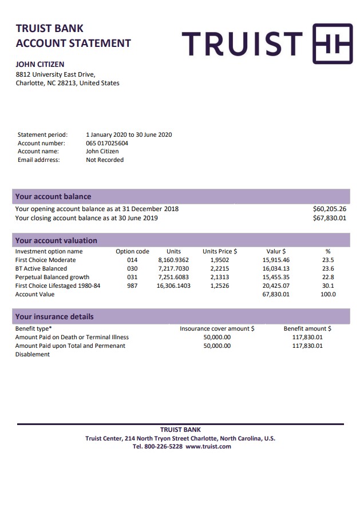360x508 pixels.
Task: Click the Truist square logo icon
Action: (332, 43)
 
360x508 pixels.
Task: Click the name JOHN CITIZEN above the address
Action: (39, 65)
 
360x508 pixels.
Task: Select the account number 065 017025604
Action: (107, 143)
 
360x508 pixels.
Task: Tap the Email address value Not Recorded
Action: (105, 160)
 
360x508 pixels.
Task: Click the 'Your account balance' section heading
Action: (53, 196)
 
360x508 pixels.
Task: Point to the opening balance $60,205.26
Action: (330, 209)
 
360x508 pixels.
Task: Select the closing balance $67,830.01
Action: (330, 218)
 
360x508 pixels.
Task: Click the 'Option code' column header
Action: (132, 251)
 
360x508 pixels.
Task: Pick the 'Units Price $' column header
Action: (220, 251)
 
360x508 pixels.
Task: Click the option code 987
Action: (132, 285)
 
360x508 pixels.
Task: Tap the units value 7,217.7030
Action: (173, 268)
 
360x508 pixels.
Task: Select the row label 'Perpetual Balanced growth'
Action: (52, 277)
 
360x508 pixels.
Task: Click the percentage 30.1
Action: (328, 285)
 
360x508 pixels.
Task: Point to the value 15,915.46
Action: (276, 260)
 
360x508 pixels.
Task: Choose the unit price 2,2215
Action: (220, 268)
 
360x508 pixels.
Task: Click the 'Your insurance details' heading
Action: (54, 316)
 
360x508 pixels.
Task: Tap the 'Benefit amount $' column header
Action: (307, 329)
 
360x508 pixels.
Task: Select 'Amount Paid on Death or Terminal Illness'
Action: (72, 338)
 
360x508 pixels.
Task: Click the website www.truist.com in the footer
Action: (208, 446)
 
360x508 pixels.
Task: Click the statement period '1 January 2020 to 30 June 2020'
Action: (129, 135)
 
